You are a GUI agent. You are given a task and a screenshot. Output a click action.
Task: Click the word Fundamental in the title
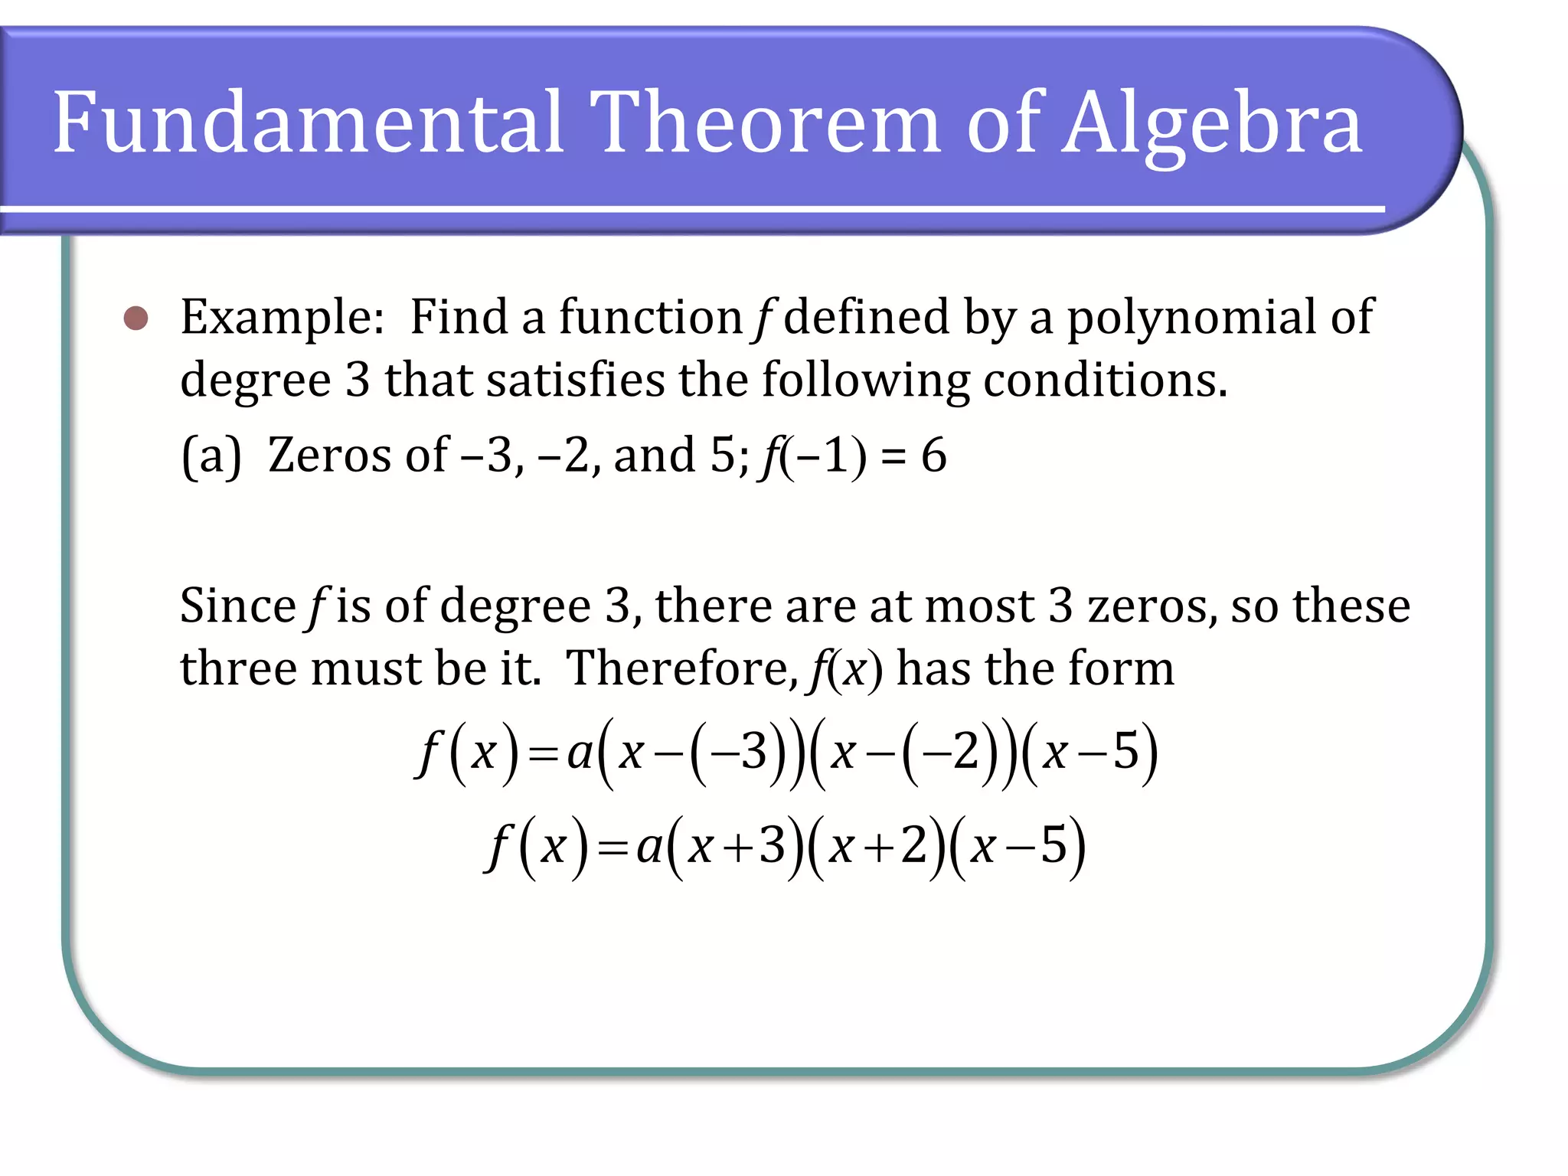point(308,122)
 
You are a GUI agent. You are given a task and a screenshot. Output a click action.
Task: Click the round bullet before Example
point(136,318)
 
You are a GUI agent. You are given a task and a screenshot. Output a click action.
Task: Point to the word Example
point(281,318)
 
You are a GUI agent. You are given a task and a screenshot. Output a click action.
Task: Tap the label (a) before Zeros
point(211,456)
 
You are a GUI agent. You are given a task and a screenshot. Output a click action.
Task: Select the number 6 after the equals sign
point(933,455)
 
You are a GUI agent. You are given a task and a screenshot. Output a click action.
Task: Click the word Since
point(237,606)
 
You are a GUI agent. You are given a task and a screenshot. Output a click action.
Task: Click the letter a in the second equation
point(648,848)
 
